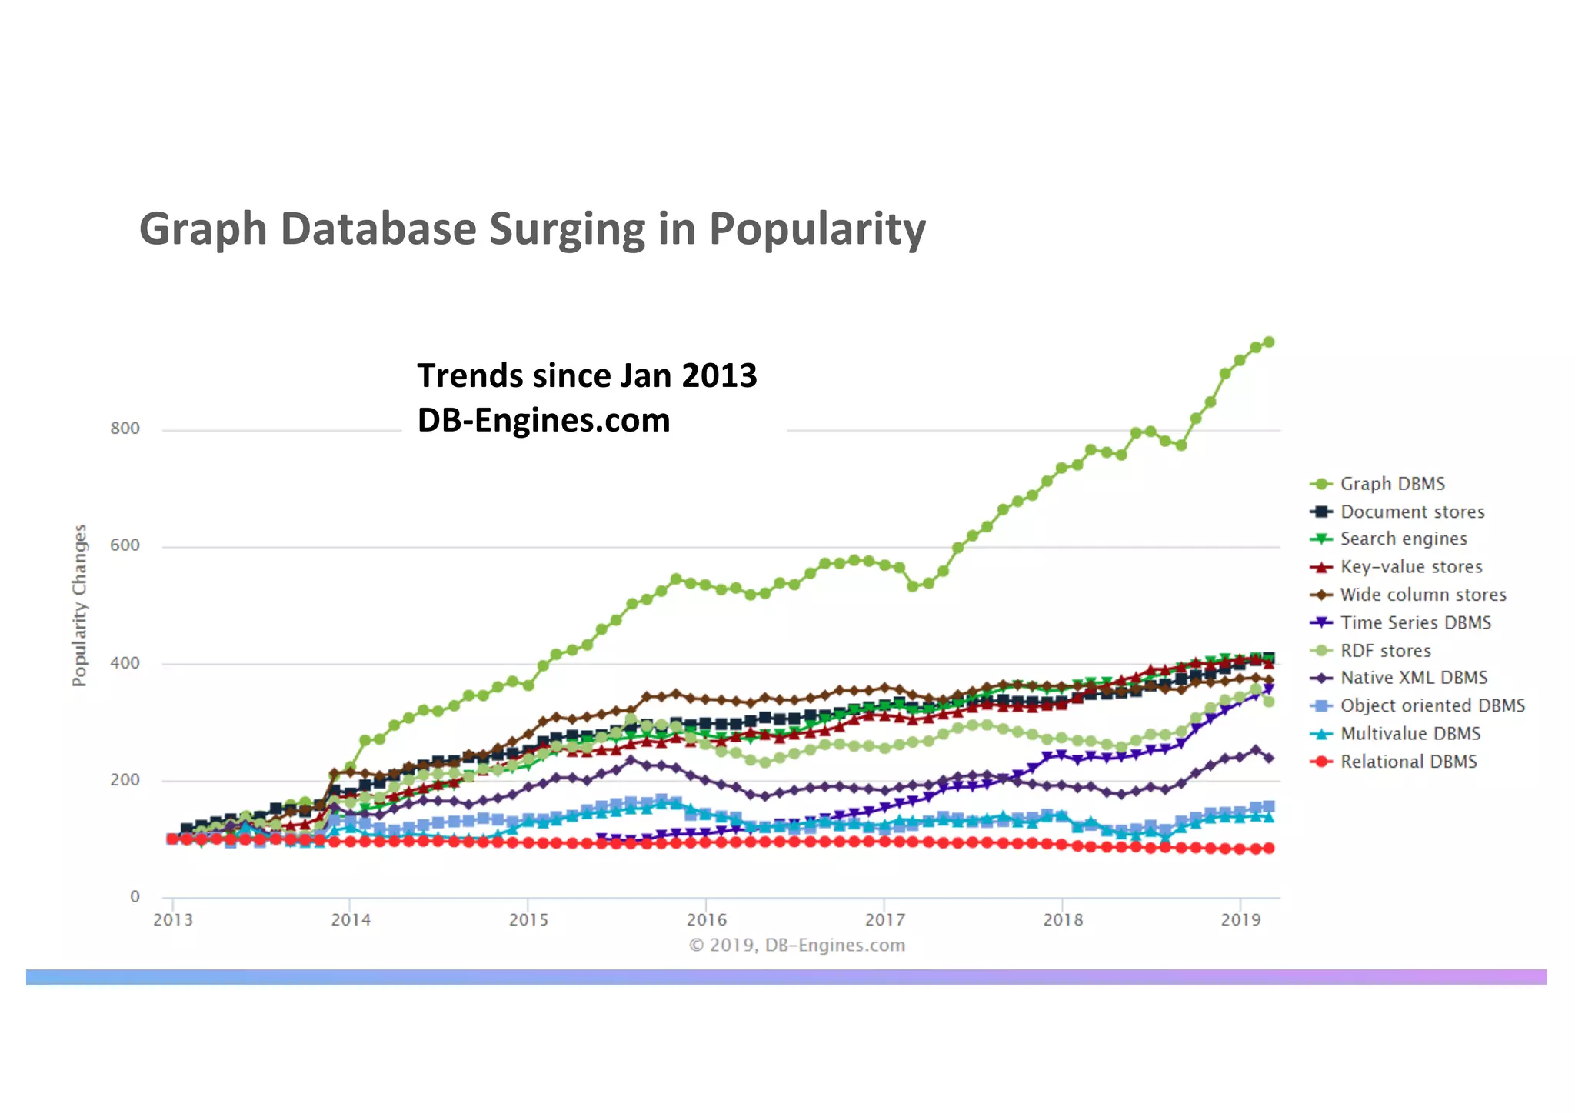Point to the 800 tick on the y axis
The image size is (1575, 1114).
pyautogui.click(x=125, y=429)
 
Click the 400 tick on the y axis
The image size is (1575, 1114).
pyautogui.click(x=125, y=663)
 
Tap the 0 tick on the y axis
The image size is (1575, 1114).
pyautogui.click(x=135, y=896)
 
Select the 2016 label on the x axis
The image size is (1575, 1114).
pyautogui.click(x=707, y=919)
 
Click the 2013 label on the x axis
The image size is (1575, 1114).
pyautogui.click(x=173, y=919)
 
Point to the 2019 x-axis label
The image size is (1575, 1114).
pyautogui.click(x=1240, y=919)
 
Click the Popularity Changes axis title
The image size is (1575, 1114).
pyautogui.click(x=80, y=605)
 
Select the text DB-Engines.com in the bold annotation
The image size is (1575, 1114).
pyautogui.click(x=544, y=420)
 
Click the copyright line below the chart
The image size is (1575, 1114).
pyautogui.click(x=797, y=945)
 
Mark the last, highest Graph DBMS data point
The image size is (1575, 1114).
pyautogui.click(x=1269, y=342)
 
